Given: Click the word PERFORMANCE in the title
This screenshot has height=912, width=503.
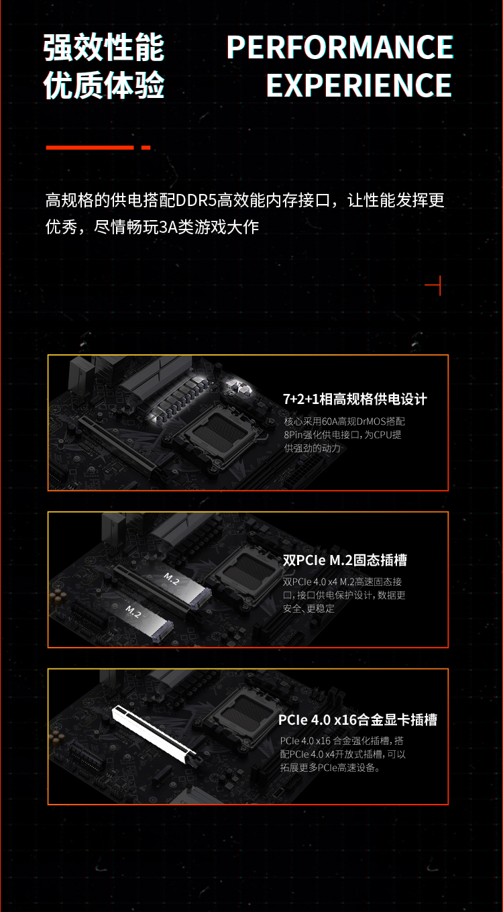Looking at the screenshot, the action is (x=340, y=47).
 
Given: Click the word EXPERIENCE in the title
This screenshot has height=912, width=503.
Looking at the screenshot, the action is (x=359, y=85).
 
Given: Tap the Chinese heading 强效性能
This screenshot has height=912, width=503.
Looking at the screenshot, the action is (x=104, y=48).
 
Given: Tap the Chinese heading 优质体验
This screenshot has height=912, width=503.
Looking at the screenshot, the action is (x=104, y=85).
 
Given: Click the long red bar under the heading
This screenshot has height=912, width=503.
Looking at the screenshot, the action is (x=89, y=148).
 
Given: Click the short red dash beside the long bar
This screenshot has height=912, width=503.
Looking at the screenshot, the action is (x=146, y=148).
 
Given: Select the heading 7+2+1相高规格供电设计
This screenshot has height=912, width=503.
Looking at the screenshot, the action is (x=355, y=399).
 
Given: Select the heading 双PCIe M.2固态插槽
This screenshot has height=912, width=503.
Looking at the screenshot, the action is (x=345, y=560).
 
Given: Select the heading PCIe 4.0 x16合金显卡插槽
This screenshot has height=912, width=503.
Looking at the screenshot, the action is (x=357, y=720).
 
